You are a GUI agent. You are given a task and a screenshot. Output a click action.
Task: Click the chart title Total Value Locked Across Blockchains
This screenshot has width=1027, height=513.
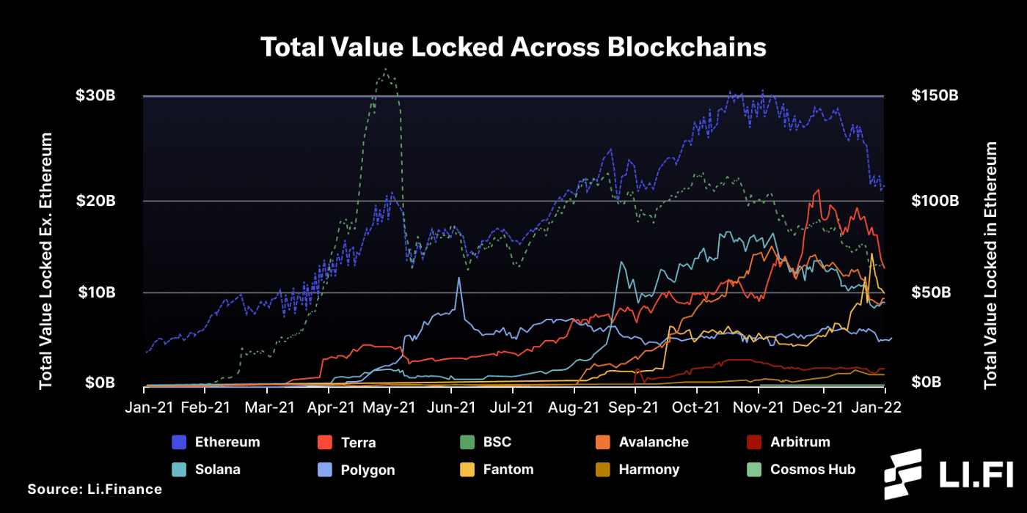pyautogui.click(x=513, y=48)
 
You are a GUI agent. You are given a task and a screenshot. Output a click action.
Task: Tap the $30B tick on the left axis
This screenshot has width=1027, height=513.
pyautogui.click(x=95, y=96)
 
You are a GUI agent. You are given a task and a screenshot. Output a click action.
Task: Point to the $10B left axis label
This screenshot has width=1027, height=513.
pyautogui.click(x=95, y=292)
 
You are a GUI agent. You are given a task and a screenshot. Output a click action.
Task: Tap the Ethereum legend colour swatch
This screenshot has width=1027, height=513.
pyautogui.click(x=180, y=442)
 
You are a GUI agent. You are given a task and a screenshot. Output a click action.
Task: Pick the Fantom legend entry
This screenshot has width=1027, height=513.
pyautogui.click(x=508, y=469)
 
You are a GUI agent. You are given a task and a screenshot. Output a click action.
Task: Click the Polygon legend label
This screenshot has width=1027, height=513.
pyautogui.click(x=368, y=470)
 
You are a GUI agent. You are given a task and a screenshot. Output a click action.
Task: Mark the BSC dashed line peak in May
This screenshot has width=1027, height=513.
pyautogui.click(x=385, y=70)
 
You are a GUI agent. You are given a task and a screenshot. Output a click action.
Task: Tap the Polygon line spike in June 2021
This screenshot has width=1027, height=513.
pyautogui.click(x=459, y=278)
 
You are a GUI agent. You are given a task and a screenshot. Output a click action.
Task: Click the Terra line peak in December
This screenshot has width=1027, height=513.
pyautogui.click(x=817, y=190)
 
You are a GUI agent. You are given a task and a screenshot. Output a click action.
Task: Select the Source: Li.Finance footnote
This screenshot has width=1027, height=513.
pyautogui.click(x=95, y=489)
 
